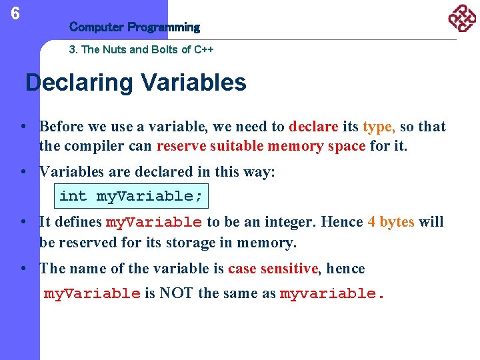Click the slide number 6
15,13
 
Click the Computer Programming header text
134,27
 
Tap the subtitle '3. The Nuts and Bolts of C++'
141,49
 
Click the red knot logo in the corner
461,19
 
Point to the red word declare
314,127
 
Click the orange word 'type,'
379,127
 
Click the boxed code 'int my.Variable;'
131,196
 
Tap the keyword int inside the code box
73,196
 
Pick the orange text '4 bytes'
391,222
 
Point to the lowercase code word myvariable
331,294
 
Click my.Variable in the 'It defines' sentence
154,223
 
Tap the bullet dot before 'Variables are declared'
23,172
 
